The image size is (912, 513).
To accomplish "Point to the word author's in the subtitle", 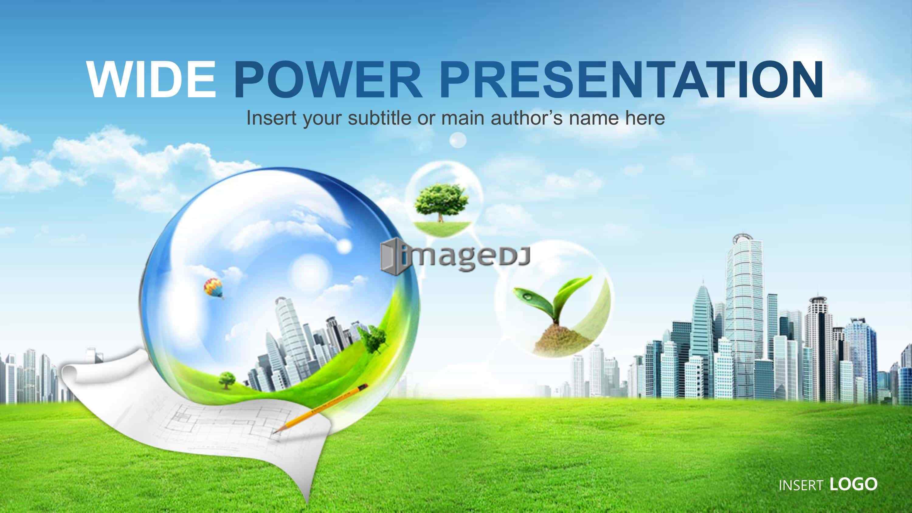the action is pyautogui.click(x=527, y=118).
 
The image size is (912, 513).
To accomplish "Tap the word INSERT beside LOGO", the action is pyautogui.click(x=801, y=485).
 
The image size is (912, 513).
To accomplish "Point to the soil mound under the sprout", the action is pyautogui.click(x=562, y=340).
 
